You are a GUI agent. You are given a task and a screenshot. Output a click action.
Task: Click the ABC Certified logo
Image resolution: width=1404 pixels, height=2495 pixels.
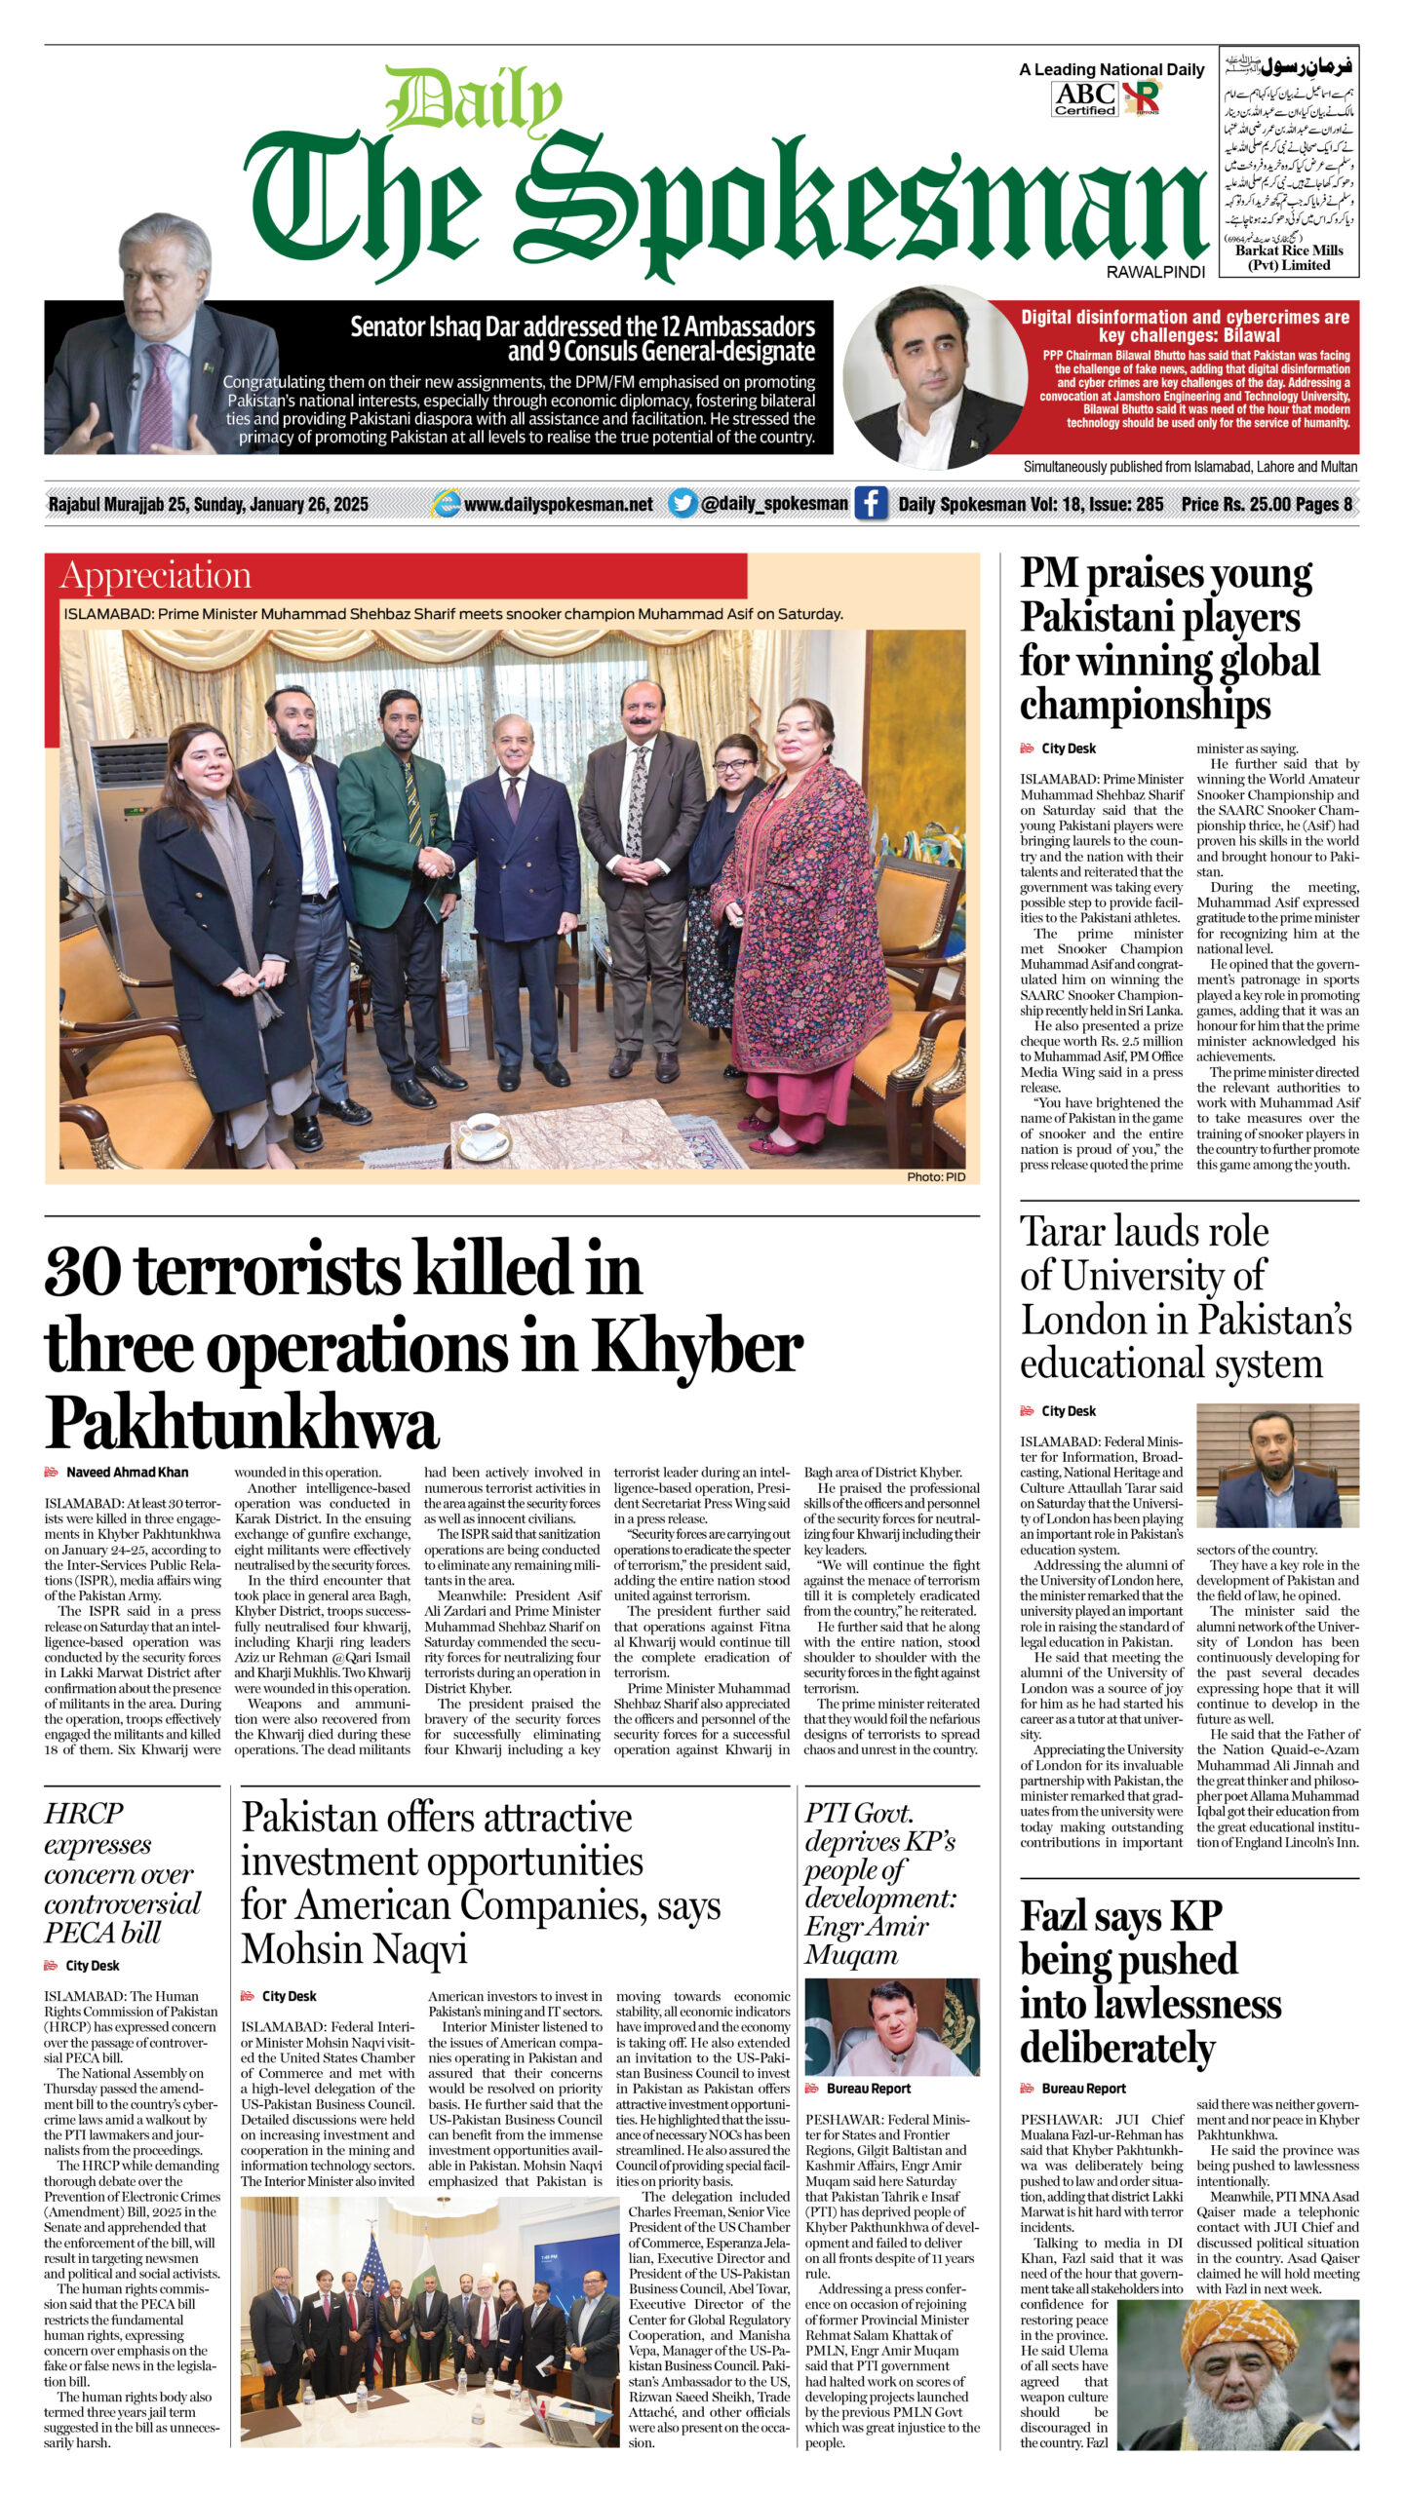(x=1084, y=98)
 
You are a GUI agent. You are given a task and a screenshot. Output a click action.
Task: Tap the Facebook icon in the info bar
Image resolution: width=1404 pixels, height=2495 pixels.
(x=870, y=504)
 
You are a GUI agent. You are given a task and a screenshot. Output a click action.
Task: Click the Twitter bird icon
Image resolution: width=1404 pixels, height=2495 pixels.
(x=682, y=503)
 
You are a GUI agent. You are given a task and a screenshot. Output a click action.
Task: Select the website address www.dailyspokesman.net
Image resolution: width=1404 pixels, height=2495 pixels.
(x=559, y=504)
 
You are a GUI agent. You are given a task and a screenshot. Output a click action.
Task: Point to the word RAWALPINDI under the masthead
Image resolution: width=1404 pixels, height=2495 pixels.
(x=1155, y=272)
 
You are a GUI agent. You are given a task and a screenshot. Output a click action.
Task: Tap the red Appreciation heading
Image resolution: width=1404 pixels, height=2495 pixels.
(x=156, y=576)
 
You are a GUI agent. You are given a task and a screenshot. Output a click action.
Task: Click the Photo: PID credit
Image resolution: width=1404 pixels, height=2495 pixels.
(x=935, y=1177)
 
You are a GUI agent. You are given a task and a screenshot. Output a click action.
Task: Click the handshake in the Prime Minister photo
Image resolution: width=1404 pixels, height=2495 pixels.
(x=435, y=863)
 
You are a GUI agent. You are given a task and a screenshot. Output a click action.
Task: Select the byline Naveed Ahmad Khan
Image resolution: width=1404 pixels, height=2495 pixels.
(x=127, y=1472)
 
